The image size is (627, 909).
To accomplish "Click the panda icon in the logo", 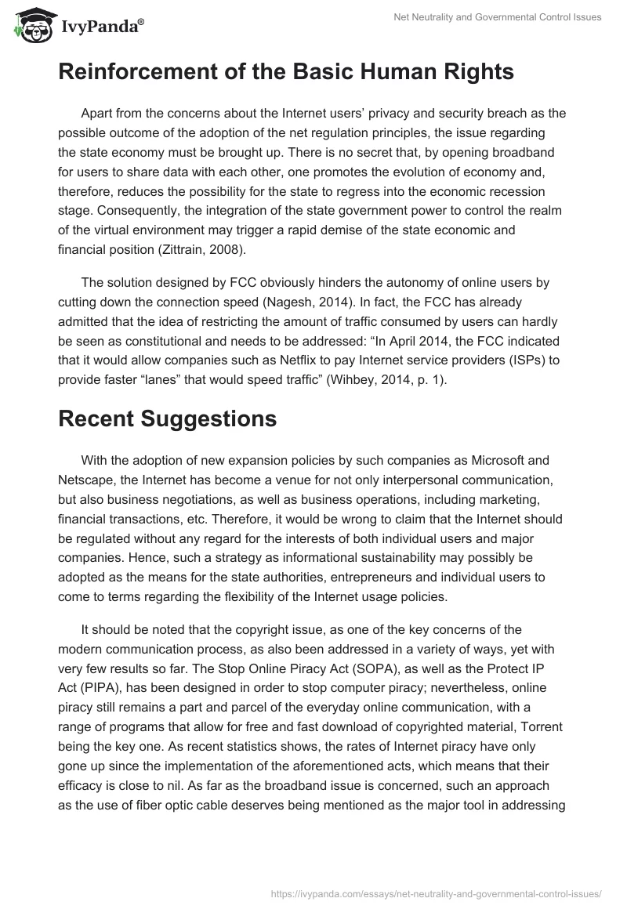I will (31, 26).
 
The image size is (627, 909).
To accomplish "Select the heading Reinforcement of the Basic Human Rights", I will (286, 72).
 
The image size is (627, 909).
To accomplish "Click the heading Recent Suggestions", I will (167, 418).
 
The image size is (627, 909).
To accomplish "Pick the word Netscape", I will (87, 480).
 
